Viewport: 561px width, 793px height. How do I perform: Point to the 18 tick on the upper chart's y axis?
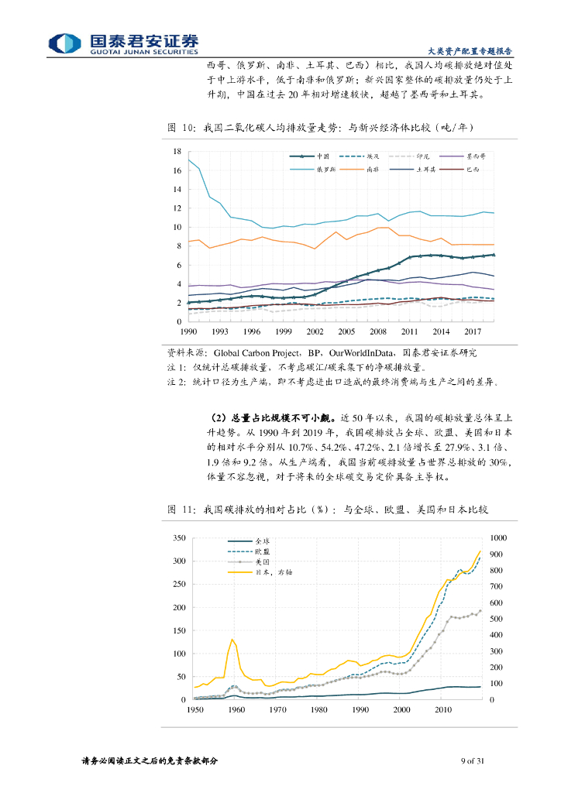tap(177, 152)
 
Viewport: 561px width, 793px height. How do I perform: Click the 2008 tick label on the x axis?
tap(377, 331)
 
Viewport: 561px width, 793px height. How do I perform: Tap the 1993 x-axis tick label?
tap(219, 331)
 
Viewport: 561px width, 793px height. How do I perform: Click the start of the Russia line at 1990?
tap(189, 160)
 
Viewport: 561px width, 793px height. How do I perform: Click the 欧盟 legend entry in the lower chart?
tap(263, 551)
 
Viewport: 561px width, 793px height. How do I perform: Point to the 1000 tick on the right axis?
tap(497, 537)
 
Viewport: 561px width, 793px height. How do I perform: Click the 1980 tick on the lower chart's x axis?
tap(318, 709)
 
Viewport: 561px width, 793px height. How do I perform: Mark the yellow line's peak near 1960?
tap(232, 639)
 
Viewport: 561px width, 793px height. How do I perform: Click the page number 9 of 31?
tap(472, 760)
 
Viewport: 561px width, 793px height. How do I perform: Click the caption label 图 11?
tap(179, 509)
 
